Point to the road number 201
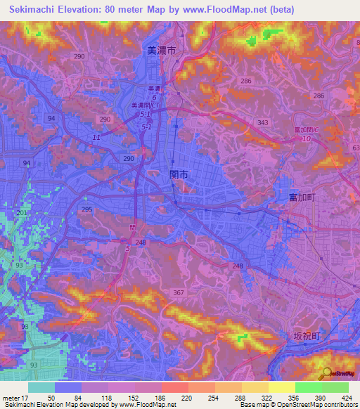click(22, 213)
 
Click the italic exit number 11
click(96, 138)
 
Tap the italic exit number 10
click(306, 139)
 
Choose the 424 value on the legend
click(348, 398)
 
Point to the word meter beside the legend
click(11, 398)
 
